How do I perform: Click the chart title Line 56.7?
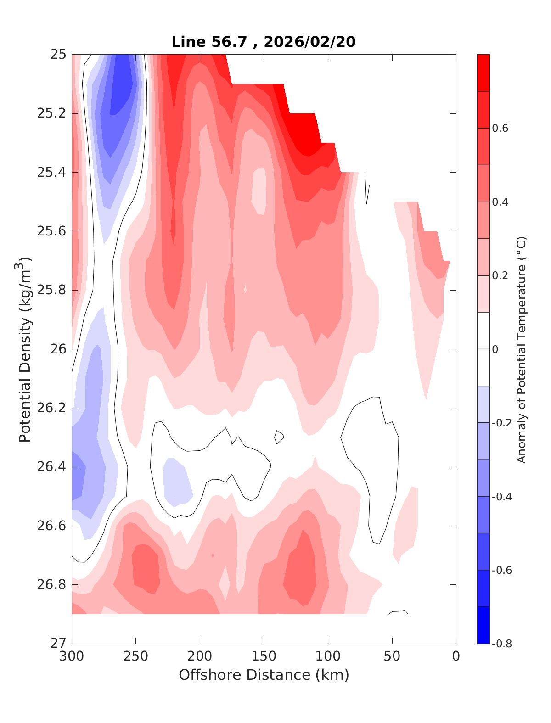[211, 42]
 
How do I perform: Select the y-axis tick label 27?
[58, 643]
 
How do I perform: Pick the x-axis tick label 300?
[72, 656]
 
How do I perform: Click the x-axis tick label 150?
[264, 656]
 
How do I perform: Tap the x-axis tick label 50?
[392, 656]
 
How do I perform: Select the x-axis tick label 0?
[455, 656]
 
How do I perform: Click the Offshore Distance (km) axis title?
[264, 675]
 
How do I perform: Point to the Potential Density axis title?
[25, 349]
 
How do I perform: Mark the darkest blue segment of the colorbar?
[483, 625]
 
